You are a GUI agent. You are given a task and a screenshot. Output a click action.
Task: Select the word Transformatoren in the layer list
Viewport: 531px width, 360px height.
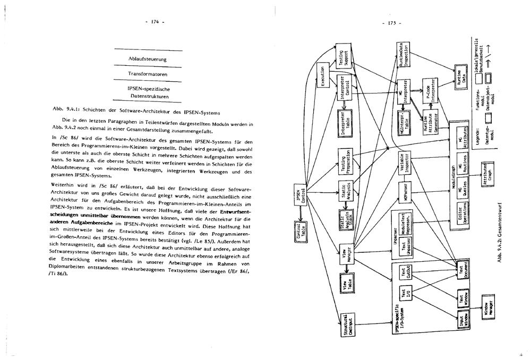(x=148, y=73)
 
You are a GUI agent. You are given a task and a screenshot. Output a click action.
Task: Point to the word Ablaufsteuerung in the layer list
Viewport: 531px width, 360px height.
(x=148, y=58)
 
